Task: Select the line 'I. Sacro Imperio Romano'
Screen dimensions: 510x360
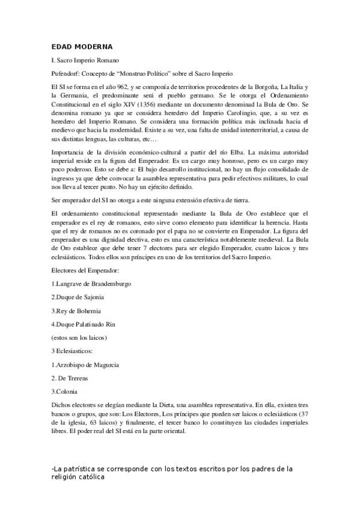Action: pyautogui.click(x=86, y=61)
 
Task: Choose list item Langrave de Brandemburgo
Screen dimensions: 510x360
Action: pyautogui.click(x=92, y=283)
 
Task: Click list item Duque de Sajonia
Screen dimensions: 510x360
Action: pyautogui.click(x=78, y=297)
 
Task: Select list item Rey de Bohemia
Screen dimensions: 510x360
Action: pyautogui.click(x=77, y=311)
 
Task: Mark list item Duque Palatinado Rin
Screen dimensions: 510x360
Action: pyautogui.click(x=84, y=325)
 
